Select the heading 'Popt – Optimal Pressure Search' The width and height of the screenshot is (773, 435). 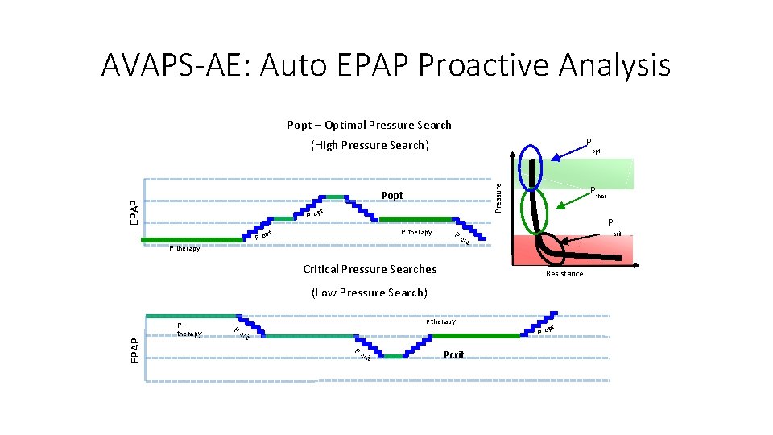tap(369, 125)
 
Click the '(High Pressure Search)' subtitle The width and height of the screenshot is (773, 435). tap(370, 145)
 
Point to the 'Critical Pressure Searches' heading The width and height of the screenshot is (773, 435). tap(370, 269)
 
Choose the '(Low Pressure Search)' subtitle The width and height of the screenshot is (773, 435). tap(370, 292)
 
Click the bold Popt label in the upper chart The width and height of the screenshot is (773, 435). tap(392, 196)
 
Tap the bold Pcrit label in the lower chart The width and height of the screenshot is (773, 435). tap(454, 354)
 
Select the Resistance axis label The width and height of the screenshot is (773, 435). tap(564, 274)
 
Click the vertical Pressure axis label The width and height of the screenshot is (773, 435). tap(498, 197)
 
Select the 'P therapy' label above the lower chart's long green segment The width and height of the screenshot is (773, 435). tap(440, 321)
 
